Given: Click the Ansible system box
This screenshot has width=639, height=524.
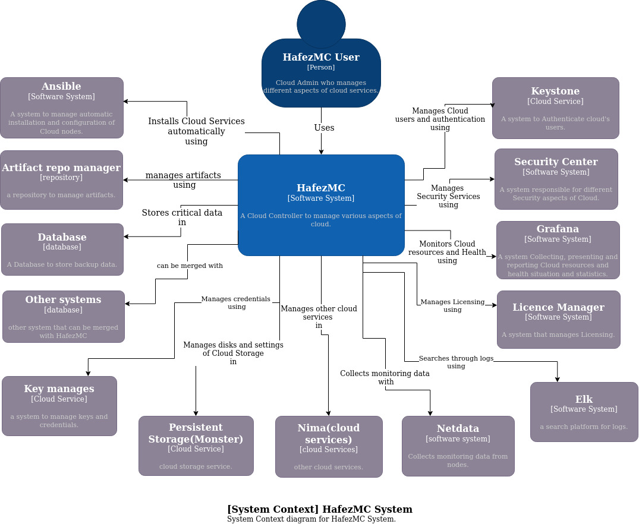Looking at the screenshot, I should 62,108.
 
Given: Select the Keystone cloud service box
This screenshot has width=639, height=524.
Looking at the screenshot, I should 555,108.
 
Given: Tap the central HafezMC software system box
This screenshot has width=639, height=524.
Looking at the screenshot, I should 321,205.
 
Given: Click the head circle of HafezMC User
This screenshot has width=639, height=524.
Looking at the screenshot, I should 321,24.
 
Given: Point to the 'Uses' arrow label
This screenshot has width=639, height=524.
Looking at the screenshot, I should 324,128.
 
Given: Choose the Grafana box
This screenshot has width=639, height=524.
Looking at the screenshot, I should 558,250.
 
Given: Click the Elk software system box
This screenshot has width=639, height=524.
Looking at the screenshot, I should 584,412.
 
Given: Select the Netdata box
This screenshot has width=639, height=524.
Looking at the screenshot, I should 458,446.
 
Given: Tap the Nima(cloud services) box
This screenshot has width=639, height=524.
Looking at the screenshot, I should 329,446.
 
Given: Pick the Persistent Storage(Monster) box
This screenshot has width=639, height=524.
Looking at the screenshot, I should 196,446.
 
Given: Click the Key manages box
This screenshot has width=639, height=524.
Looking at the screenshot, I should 59,406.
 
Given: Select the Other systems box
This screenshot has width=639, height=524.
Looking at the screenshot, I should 63,317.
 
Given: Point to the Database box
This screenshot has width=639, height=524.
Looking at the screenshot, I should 62,250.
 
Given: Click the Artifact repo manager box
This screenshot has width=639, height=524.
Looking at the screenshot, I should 61,180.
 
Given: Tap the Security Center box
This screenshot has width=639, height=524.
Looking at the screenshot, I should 556,179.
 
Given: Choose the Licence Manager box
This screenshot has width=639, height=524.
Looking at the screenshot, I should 558,320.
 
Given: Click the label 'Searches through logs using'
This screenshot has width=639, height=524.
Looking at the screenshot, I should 456,362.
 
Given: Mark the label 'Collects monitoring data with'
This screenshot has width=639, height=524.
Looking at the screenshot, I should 385,377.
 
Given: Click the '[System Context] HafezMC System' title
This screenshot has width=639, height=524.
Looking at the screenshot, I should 319,509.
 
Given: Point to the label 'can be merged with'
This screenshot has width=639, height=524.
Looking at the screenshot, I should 190,266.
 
